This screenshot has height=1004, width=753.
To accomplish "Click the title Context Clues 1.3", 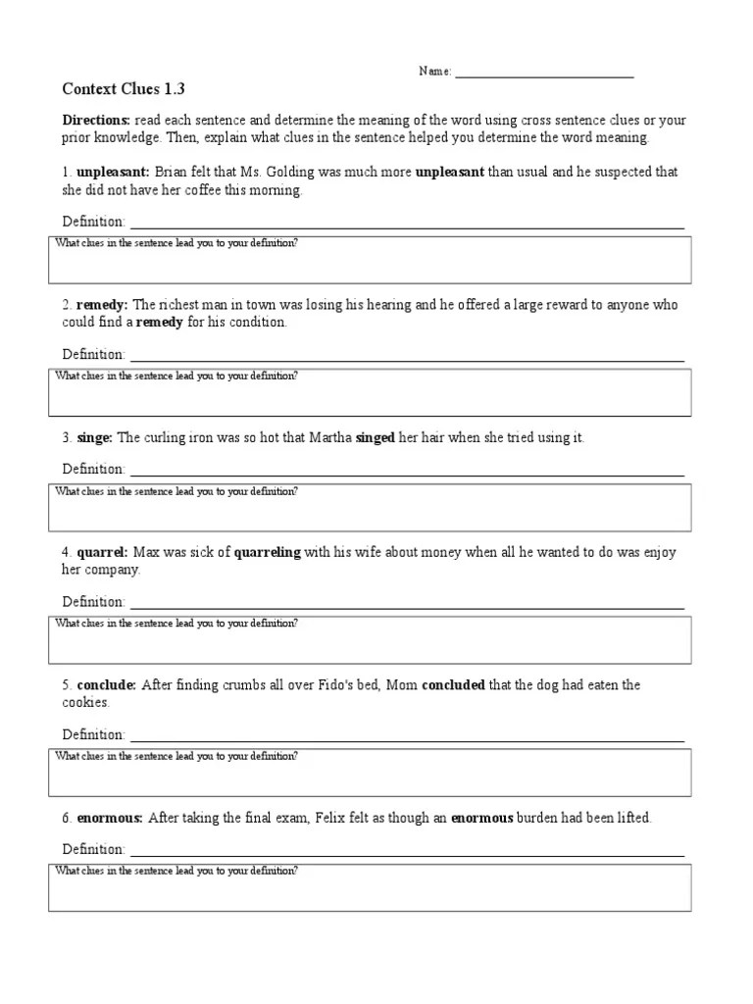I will (x=124, y=88).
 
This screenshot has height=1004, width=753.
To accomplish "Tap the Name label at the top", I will (x=435, y=72).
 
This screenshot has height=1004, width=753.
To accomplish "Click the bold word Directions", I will (x=90, y=121).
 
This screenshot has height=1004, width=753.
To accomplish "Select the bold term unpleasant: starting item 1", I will (x=113, y=173).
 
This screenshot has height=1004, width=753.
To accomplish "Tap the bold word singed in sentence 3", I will (x=375, y=438).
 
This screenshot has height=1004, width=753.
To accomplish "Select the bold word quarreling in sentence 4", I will (x=268, y=553).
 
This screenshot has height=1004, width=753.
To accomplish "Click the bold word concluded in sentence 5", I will (x=453, y=685).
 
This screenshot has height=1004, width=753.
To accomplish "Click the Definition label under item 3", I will (x=93, y=470).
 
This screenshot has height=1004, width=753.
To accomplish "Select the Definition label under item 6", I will (x=93, y=849).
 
